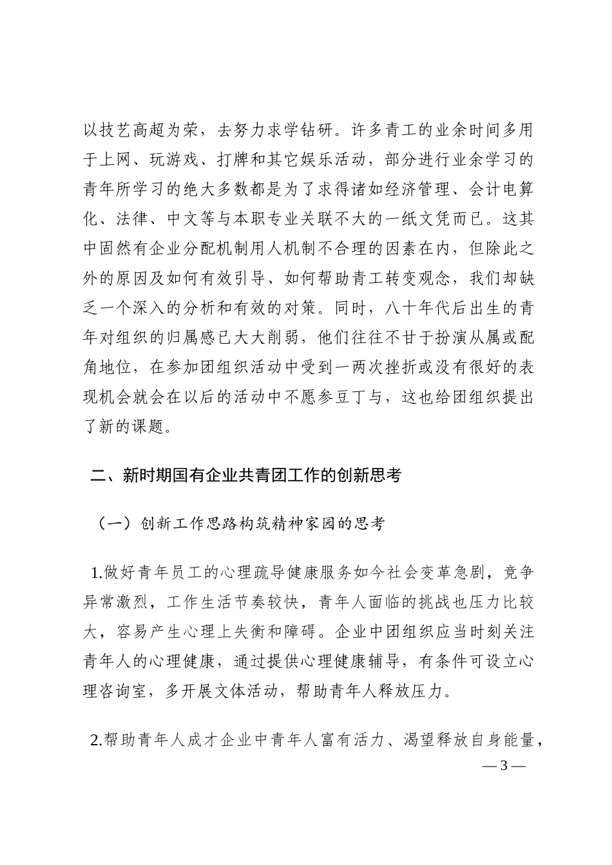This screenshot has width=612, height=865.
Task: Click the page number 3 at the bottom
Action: coord(504,766)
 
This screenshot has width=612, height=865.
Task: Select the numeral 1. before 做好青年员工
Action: coord(97,571)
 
